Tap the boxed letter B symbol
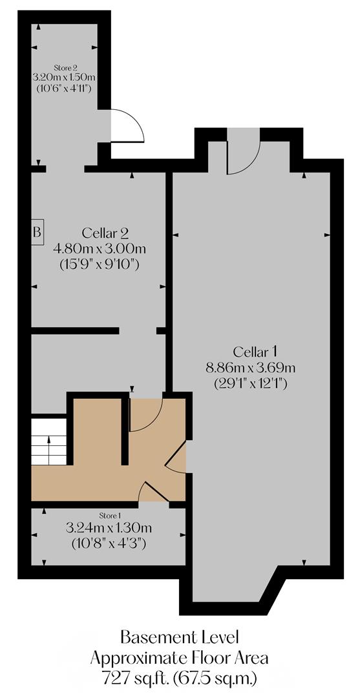pos(37,231)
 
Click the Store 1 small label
pos(109,516)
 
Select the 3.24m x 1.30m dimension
pos(109,529)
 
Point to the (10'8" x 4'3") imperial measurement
pos(109,544)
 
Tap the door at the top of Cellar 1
pos(243,153)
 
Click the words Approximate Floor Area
pos(178,658)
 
